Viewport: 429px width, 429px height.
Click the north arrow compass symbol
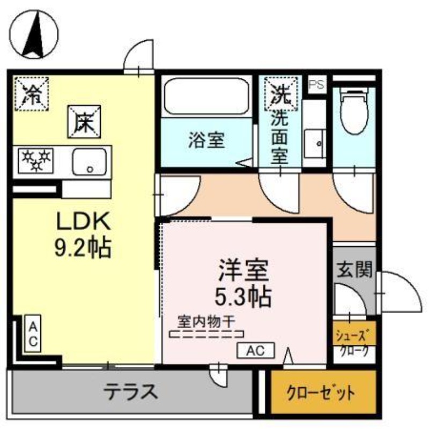(34, 34)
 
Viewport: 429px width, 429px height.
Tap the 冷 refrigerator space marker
(32, 94)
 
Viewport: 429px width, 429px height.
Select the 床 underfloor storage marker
(84, 122)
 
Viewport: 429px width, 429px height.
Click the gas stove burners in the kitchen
(35, 161)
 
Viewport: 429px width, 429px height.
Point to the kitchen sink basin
(90, 162)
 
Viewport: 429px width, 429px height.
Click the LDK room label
(84, 221)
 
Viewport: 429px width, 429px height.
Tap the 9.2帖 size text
(83, 248)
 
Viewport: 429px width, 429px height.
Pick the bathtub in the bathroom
(207, 97)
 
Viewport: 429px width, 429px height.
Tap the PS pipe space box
(317, 85)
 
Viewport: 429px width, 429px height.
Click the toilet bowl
(354, 112)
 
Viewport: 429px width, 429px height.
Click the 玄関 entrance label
(354, 270)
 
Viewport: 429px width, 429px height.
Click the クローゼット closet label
(320, 394)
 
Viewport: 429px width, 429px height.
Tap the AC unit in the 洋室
(256, 351)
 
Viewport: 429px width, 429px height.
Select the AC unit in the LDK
(33, 334)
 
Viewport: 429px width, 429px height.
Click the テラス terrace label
(130, 391)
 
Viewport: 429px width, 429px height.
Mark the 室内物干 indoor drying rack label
(206, 322)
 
